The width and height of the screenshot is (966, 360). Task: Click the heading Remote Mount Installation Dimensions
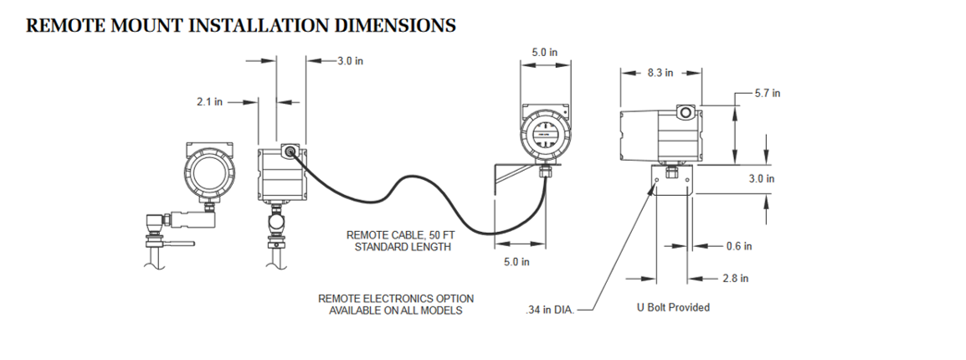[241, 25]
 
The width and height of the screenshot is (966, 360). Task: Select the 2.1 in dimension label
[209, 102]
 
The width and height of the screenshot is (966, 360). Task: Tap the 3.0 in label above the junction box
[350, 60]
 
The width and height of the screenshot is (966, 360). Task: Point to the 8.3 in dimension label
[660, 73]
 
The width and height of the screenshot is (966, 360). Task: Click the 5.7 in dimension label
[768, 93]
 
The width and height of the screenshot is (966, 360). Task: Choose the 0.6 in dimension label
[738, 246]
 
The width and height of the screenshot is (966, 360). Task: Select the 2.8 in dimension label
[735, 278]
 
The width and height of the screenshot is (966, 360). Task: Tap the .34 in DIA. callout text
[549, 311]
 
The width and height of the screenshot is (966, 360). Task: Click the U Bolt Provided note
[673, 307]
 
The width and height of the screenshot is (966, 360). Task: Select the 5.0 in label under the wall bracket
[516, 263]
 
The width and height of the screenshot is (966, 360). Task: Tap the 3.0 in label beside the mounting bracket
[761, 178]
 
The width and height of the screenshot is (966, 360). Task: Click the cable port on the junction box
[289, 152]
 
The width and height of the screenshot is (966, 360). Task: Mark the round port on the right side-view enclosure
[684, 112]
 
